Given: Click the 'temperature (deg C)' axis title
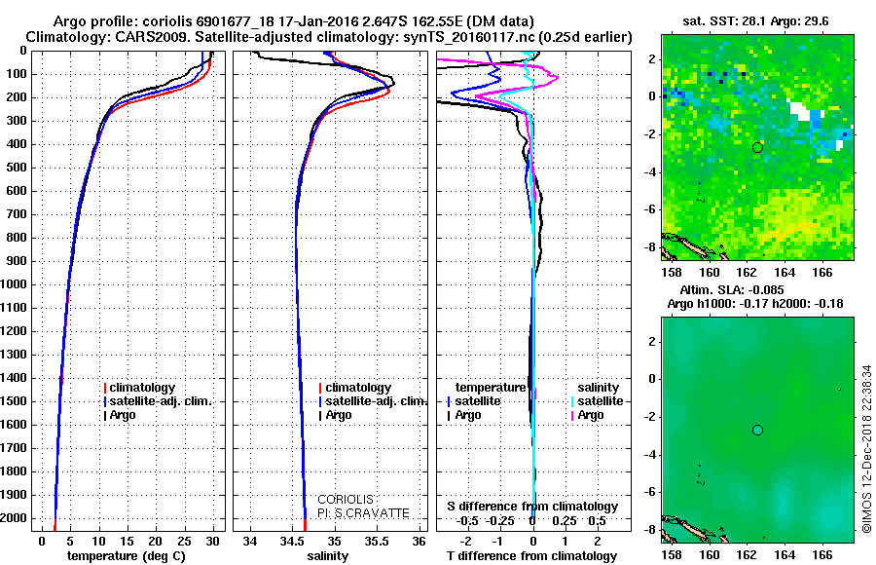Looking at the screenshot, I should pos(127,556).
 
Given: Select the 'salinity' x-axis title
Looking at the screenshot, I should pos(327,556).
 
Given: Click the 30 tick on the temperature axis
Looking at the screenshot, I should pos(213,541).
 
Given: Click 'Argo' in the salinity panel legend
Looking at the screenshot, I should pos(339,415).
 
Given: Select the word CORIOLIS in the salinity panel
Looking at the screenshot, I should pos(345,500).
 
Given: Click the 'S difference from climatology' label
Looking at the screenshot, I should pos(532,507).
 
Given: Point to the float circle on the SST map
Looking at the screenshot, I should pos(757,147).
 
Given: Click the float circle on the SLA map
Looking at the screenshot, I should pos(757,430).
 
